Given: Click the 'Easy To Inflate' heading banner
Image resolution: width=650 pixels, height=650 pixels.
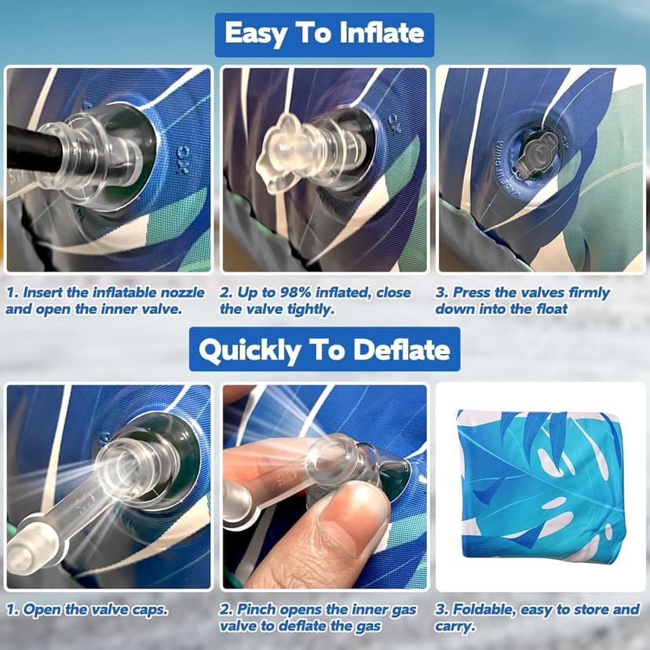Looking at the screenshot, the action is coord(324,35).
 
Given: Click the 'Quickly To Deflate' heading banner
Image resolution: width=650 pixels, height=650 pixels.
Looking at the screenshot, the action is coord(324,349).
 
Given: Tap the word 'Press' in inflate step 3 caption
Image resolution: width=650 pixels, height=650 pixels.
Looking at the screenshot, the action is coord(471,292).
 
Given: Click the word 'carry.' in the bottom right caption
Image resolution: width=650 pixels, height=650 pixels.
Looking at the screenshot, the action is coord(455,626).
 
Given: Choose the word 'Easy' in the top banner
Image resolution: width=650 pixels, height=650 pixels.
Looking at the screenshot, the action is coord(255,33).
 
